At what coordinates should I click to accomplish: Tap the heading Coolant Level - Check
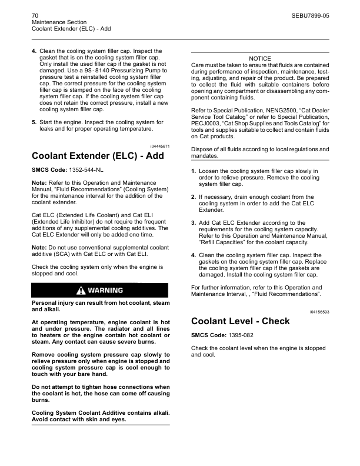(x=241, y=321)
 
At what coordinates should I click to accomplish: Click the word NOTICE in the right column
(x=260, y=59)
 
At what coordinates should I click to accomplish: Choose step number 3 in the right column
(x=194, y=223)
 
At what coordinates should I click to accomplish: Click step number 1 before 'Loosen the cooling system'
(x=194, y=171)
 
